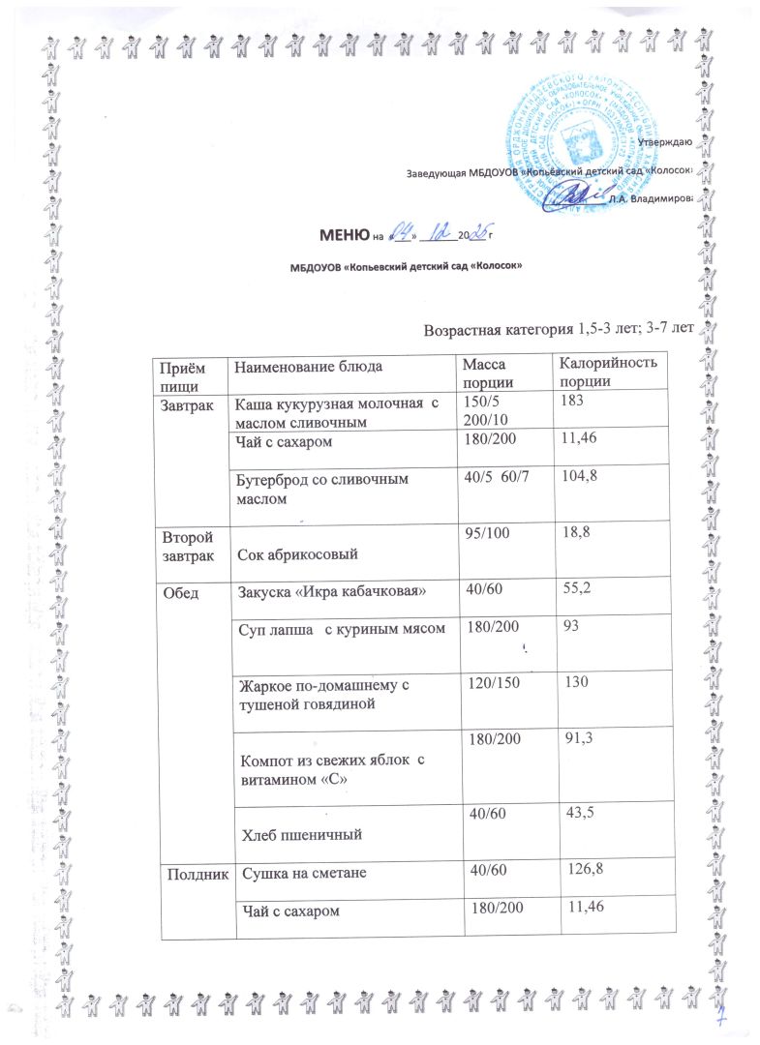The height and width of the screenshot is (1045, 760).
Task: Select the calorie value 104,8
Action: coord(571,478)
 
